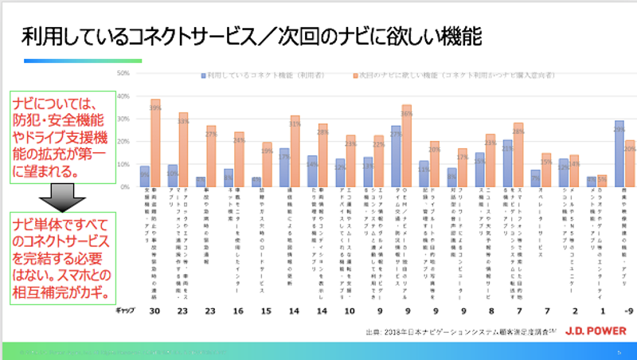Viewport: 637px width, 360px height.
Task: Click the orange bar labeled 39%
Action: (156, 143)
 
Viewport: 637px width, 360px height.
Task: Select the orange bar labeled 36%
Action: (407, 147)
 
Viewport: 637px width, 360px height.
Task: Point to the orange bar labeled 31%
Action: (295, 151)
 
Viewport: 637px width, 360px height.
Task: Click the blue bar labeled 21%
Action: (507, 163)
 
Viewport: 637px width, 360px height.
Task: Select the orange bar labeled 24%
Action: (239, 159)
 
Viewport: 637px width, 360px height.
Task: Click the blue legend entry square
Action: (204, 76)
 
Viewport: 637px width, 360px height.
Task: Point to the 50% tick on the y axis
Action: (123, 74)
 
